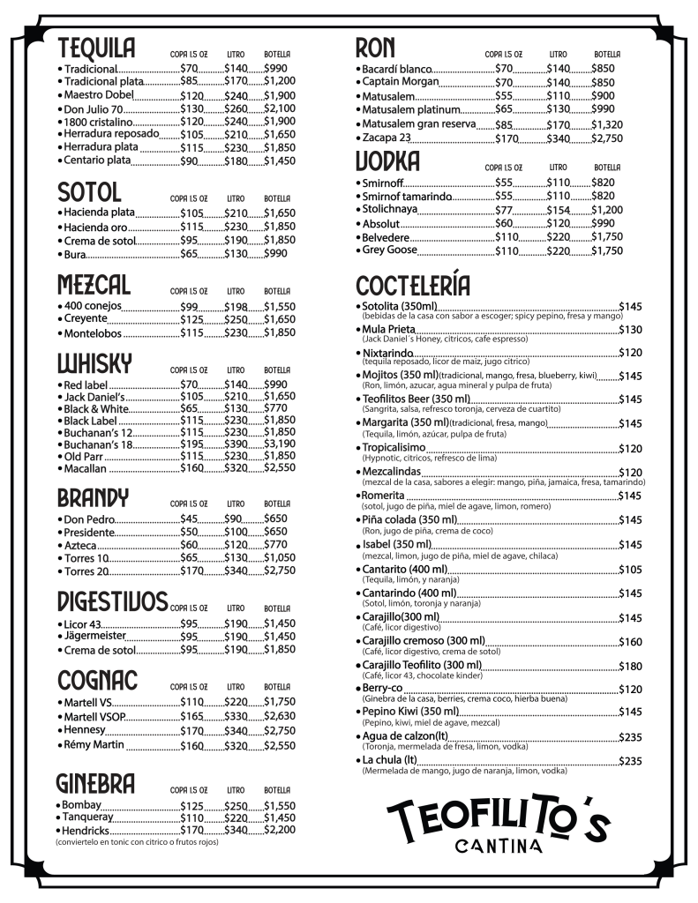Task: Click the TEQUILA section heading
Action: click(x=96, y=48)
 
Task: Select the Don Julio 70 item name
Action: click(x=92, y=108)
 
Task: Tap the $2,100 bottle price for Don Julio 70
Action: click(x=279, y=108)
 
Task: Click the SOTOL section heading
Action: click(x=89, y=191)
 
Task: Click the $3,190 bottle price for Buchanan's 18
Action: click(x=279, y=444)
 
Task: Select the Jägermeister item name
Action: click(x=95, y=636)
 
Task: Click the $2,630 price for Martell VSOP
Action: click(x=279, y=716)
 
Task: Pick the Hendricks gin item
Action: click(x=86, y=830)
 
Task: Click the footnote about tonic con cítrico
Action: click(x=137, y=842)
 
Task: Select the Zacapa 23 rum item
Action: click(x=387, y=138)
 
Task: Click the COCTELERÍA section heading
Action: click(x=413, y=286)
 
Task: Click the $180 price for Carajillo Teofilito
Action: click(x=630, y=666)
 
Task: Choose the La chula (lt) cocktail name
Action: click(x=388, y=760)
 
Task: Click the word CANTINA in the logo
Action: click(x=499, y=847)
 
